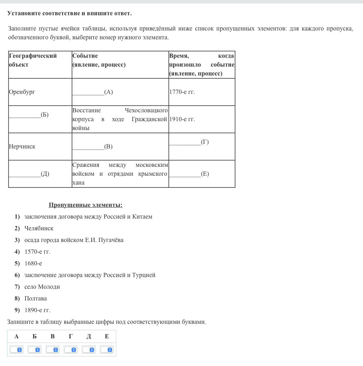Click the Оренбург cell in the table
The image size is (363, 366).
pos(22,92)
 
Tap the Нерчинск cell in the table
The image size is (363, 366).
pos(22,147)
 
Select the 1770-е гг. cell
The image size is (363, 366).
pos(182,92)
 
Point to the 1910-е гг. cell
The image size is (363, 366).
pos(182,119)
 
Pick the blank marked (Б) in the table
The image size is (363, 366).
pos(25,115)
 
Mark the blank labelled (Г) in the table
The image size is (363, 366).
pos(185,142)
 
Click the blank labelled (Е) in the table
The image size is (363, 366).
pos(185,174)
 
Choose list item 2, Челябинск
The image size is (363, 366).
pos(39,229)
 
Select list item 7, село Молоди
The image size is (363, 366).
pos(42,287)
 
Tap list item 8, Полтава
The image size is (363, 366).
pos(35,299)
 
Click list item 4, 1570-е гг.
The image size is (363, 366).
pos(37,252)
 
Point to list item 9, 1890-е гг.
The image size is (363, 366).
pos(37,310)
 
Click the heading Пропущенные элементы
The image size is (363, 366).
pos(85,205)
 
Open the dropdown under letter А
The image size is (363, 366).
pos(16,350)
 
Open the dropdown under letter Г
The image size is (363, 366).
pos(71,350)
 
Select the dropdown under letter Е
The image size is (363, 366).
pos(107,350)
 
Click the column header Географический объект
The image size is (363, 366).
pos(33,60)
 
